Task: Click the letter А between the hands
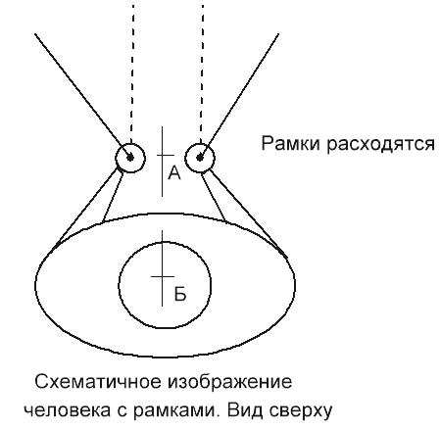click(x=174, y=172)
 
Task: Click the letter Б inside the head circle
click(x=180, y=294)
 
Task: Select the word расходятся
click(x=381, y=145)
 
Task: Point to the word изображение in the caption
click(x=230, y=381)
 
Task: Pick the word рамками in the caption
click(x=176, y=410)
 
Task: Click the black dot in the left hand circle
click(x=130, y=158)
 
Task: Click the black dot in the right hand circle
click(x=200, y=158)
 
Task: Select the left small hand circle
click(x=116, y=158)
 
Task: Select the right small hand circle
click(x=185, y=158)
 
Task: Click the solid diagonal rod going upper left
click(x=82, y=96)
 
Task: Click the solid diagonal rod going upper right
click(x=239, y=96)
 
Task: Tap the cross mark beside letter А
click(x=163, y=156)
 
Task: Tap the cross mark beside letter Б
click(x=163, y=277)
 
